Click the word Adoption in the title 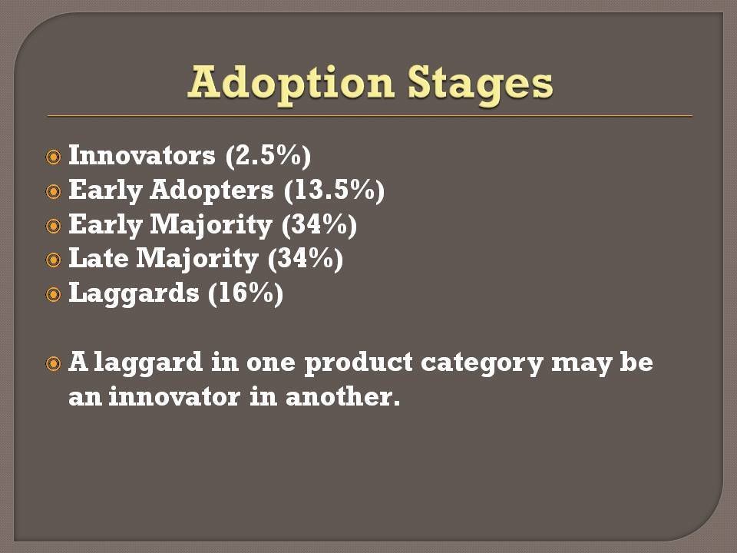[x=291, y=84]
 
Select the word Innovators [x=142, y=155]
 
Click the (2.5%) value [x=268, y=156]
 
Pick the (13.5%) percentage [x=334, y=190]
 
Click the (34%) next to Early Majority [x=319, y=225]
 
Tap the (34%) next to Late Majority [x=306, y=259]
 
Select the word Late [x=98, y=258]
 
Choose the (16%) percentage [x=246, y=294]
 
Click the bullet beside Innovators [x=54, y=157]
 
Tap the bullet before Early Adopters [x=54, y=191]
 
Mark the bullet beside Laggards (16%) [x=54, y=295]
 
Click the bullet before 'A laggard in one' [x=54, y=363]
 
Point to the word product [x=359, y=363]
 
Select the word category [x=482, y=363]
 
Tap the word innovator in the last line [x=174, y=396]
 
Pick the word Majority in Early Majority [x=212, y=226]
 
